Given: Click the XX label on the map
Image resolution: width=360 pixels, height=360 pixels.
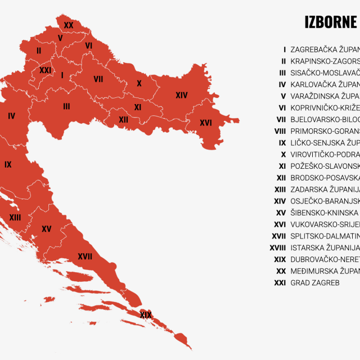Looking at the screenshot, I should tap(69, 25).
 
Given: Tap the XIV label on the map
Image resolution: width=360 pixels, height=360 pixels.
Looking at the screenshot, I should tap(181, 96).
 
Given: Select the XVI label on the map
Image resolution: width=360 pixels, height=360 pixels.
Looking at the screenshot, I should tap(206, 123).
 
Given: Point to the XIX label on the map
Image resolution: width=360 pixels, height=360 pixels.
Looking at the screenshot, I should tap(146, 315).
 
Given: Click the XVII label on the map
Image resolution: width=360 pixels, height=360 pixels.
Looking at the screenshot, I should tap(85, 256).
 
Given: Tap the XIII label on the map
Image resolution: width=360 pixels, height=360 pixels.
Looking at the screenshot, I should tap(15, 217).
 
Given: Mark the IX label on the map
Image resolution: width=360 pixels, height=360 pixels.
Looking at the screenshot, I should tap(8, 165).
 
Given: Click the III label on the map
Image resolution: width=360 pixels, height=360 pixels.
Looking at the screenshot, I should tap(66, 106).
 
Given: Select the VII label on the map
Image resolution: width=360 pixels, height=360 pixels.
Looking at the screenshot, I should tap(98, 79).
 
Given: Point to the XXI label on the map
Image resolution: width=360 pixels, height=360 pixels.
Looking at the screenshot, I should tap(46, 70).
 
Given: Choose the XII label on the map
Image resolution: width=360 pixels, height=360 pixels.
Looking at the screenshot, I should tap(124, 120).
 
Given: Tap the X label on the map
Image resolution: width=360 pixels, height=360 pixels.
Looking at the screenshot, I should tap(139, 84).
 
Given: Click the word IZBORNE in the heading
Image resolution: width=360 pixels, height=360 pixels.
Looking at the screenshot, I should tap(331, 22).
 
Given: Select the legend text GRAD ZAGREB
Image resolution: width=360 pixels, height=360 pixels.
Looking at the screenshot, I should tap(315, 283).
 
